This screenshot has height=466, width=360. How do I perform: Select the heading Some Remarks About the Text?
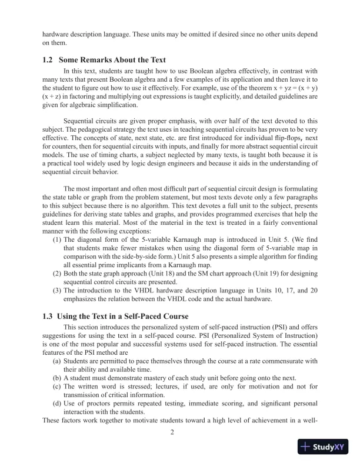coord(116,60)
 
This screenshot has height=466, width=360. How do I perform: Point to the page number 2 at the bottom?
coord(172,434)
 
